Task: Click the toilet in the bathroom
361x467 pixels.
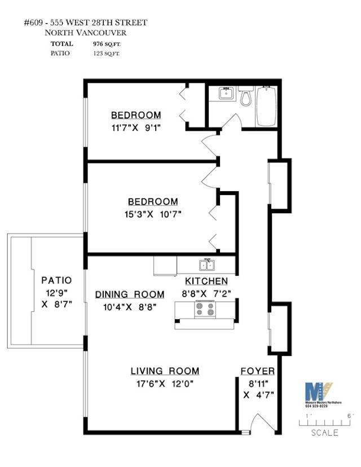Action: pos(246,98)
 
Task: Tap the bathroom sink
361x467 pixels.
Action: pos(227,93)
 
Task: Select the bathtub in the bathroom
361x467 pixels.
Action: pos(266,106)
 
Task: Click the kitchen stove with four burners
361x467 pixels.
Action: pos(205,309)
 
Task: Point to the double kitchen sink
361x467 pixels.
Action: pos(205,265)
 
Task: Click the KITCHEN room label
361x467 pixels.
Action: pos(206,281)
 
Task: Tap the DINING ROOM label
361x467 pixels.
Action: pos(130,294)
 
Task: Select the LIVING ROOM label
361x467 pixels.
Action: pos(165,371)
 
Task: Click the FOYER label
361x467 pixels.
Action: pos(258,371)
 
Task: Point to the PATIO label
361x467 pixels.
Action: pos(56,280)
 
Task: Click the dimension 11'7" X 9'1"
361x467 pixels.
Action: pos(136,127)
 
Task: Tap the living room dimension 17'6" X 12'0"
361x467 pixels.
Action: pos(165,385)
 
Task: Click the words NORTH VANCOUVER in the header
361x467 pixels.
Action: pos(85,33)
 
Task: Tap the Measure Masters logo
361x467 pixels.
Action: pos(319,393)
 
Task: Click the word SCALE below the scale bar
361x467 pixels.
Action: pos(325,433)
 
